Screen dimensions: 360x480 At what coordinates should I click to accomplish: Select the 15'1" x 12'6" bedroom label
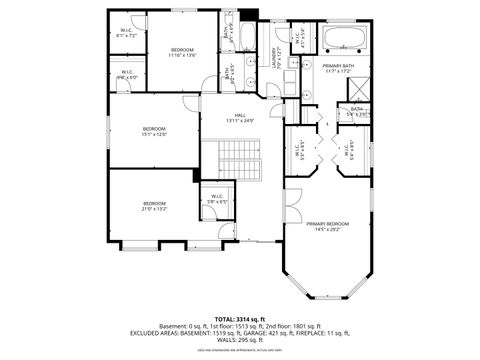click(153, 129)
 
